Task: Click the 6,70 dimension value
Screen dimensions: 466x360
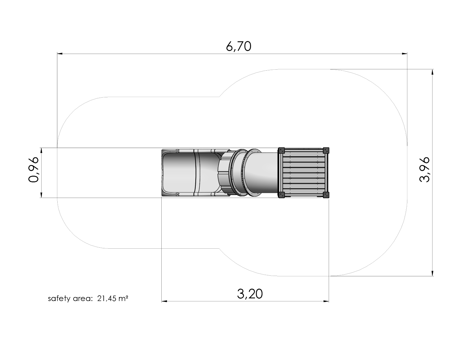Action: (238, 47)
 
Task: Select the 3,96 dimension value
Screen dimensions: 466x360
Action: (424, 170)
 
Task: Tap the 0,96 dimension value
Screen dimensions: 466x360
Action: (34, 170)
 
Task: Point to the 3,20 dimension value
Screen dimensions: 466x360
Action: (250, 294)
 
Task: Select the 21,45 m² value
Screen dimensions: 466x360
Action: (113, 298)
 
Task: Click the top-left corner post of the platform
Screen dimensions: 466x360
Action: (281, 150)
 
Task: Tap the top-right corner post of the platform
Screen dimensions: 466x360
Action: (326, 150)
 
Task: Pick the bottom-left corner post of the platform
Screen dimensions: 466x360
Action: (281, 195)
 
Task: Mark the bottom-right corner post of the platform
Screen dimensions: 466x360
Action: (326, 195)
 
